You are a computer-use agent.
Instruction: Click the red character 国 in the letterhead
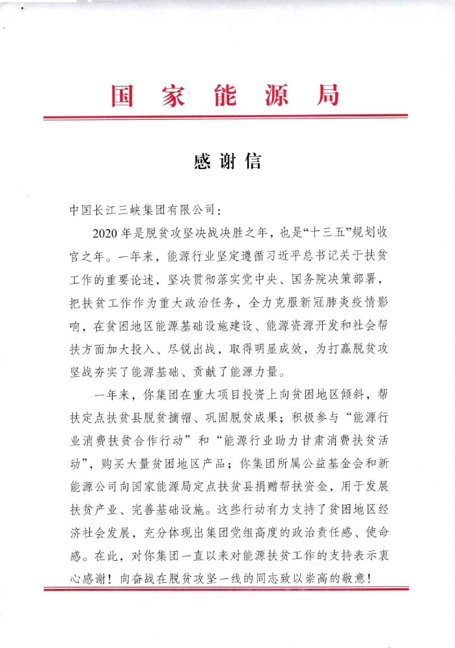122,96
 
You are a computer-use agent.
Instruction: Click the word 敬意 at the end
361,576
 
